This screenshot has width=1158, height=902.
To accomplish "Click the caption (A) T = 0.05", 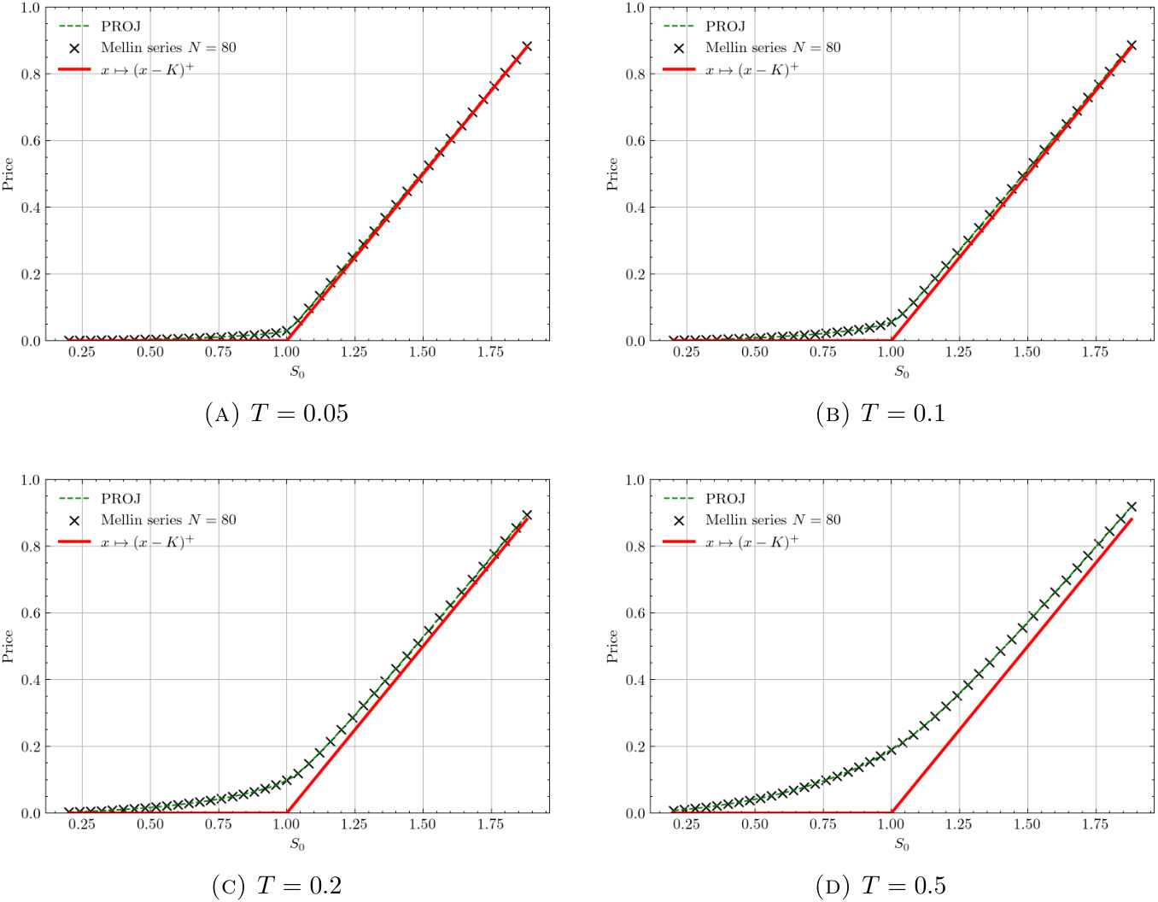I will click(x=277, y=414).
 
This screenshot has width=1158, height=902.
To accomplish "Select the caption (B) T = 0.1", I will click(x=881, y=414).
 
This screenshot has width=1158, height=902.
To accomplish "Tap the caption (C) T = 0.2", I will click(x=277, y=887).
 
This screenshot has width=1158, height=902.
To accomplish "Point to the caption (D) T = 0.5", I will click(x=881, y=887).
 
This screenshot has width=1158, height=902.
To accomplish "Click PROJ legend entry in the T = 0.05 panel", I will click(x=120, y=26).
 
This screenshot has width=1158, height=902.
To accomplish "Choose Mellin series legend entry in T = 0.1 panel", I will click(x=772, y=48).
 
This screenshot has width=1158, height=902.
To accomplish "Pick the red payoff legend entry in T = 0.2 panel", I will click(x=146, y=542).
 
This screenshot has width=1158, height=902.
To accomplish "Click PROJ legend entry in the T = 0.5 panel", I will click(x=724, y=499).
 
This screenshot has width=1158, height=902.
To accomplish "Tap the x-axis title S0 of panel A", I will click(x=297, y=372).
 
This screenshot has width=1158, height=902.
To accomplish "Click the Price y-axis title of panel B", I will click(x=612, y=174).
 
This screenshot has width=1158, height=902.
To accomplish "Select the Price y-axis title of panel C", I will click(x=8, y=647).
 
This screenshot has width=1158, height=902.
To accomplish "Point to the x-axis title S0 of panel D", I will click(x=902, y=845).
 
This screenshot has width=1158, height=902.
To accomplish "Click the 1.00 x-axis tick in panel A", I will click(x=286, y=352).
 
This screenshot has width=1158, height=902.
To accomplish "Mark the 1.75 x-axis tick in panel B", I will click(x=1095, y=352).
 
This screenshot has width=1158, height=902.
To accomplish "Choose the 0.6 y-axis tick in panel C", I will click(x=30, y=613).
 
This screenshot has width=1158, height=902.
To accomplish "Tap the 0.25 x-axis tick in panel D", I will click(x=687, y=824).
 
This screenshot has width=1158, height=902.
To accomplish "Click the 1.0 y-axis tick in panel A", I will click(x=30, y=8).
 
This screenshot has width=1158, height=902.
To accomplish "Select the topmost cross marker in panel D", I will click(x=1132, y=507).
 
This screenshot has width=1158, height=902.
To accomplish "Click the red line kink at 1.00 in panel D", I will click(x=892, y=812).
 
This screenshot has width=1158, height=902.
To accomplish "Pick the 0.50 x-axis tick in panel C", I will click(x=150, y=824).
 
